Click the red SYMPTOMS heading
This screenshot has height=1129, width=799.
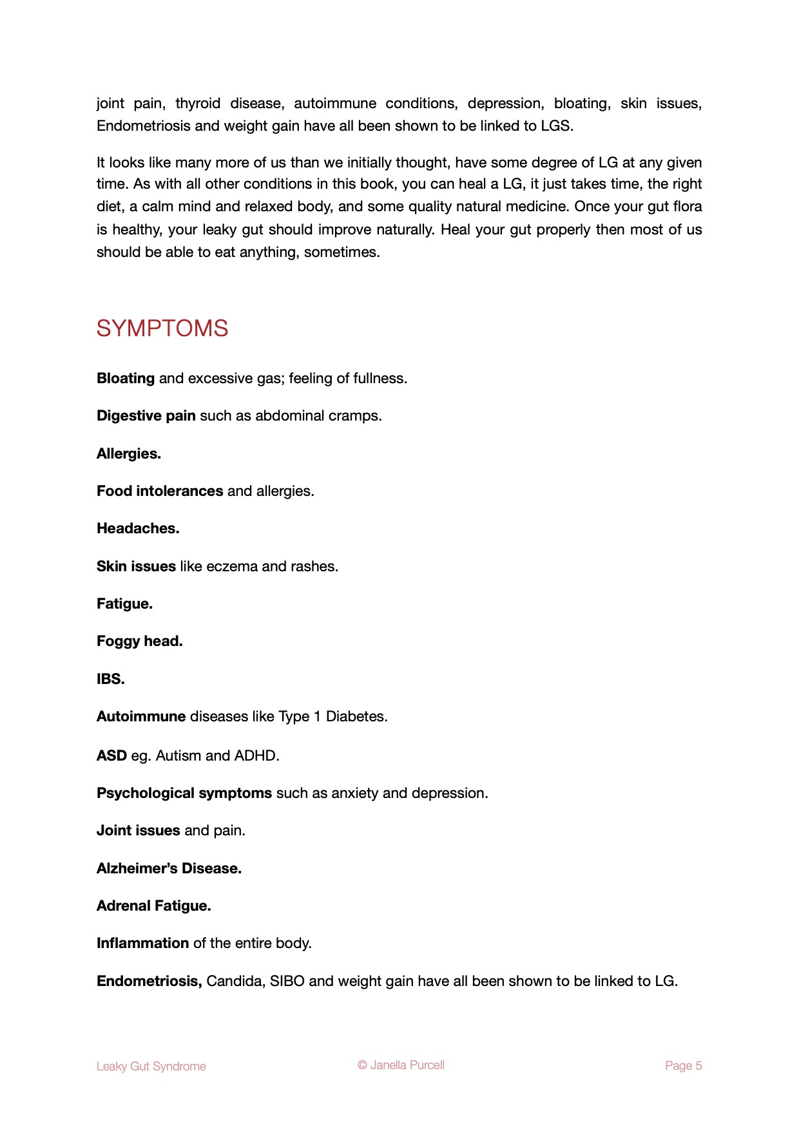(162, 328)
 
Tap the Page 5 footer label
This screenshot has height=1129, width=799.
(683, 1066)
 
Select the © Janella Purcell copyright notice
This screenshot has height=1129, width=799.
(401, 1065)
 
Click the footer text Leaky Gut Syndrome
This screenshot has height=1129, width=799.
(151, 1067)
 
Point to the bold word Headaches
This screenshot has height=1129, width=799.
(138, 529)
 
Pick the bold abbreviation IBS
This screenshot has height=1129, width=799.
(110, 679)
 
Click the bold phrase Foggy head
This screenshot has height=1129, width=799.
(139, 641)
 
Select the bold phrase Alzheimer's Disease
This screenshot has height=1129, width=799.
(169, 868)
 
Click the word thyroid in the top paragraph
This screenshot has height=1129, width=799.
(198, 104)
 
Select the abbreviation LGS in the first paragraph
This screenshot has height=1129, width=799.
(556, 126)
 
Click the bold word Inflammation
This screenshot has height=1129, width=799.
(142, 944)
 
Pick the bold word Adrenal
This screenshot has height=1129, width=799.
(122, 906)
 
